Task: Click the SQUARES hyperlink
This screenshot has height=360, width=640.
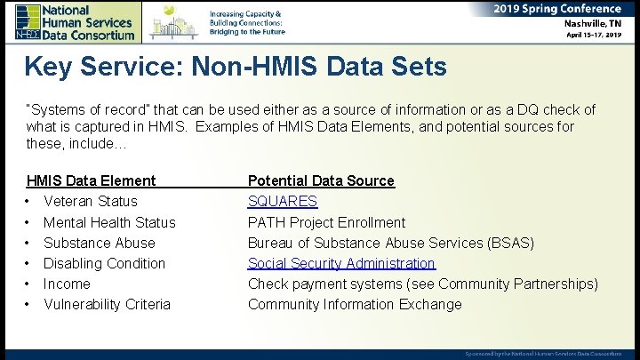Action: [x=282, y=202]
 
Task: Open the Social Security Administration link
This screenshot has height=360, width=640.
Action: [x=341, y=263]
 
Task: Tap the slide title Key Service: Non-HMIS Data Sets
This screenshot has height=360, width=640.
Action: [x=236, y=67]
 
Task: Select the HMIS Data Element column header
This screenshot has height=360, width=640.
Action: [x=91, y=180]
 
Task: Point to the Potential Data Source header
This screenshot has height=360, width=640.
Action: [x=321, y=180]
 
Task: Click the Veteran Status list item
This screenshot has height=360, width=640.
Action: [x=90, y=202]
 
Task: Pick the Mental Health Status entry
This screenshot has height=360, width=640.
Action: [x=109, y=222]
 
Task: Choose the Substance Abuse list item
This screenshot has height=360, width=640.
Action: [x=99, y=243]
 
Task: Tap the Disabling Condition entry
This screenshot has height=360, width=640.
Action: [x=104, y=263]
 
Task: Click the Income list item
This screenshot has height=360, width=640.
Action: [x=67, y=284]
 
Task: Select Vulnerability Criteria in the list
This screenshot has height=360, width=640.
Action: [x=107, y=304]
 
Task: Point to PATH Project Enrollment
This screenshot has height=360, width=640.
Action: [x=326, y=222]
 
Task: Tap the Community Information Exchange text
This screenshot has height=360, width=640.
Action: [x=355, y=304]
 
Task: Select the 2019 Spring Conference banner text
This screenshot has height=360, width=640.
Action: [x=557, y=9]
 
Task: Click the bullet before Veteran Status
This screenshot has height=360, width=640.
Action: [x=29, y=202]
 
